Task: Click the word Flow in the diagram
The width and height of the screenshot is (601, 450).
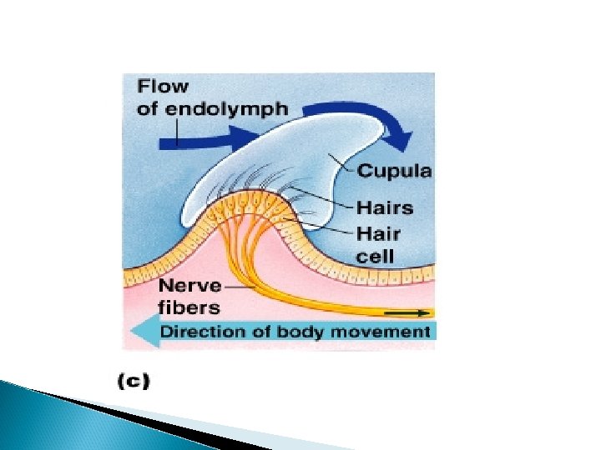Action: [x=164, y=86]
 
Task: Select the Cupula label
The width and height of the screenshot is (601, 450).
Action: [x=395, y=172]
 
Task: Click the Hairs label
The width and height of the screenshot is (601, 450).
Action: [x=385, y=207]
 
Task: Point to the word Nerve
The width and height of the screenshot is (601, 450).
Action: [x=191, y=286]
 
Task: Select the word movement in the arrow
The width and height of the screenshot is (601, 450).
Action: [x=391, y=332]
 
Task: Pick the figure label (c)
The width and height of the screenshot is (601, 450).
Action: [x=134, y=382]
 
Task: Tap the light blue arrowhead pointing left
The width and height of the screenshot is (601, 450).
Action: [x=139, y=332]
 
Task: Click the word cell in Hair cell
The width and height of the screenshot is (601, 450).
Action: [x=375, y=255]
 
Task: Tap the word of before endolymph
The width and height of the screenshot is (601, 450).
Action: [x=147, y=108]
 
